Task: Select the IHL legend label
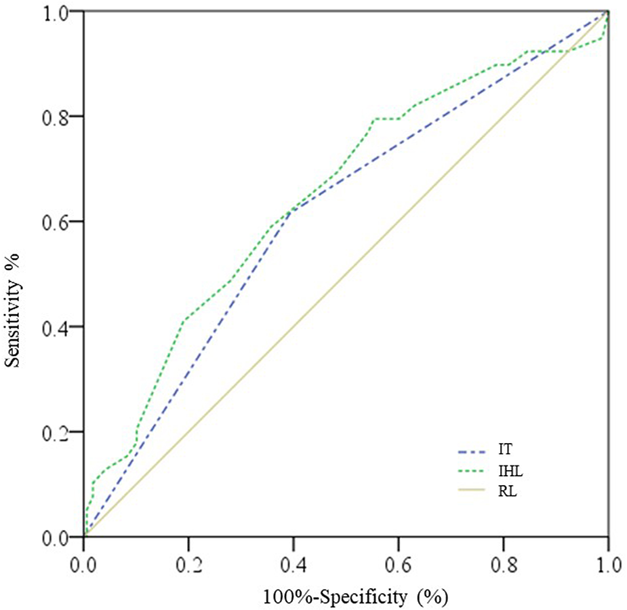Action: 510,470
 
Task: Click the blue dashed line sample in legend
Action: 473,450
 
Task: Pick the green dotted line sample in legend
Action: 473,470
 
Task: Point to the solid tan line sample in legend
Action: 473,490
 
